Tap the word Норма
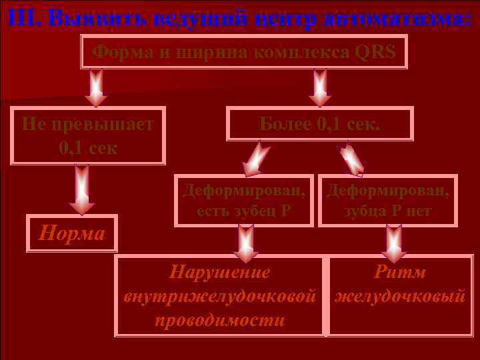pos(72,233)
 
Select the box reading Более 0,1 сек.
pos(320,123)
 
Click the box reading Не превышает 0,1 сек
pos(88,135)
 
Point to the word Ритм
pos(400,273)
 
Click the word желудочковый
pos(400,296)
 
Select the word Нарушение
pos(219,273)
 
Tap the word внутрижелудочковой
pos(219,296)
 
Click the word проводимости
pos(219,319)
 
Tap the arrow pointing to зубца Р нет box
pos(351,158)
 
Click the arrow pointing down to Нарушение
pos(245,243)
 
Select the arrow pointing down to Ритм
pos(394,243)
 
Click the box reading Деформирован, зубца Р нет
pos(388,201)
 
